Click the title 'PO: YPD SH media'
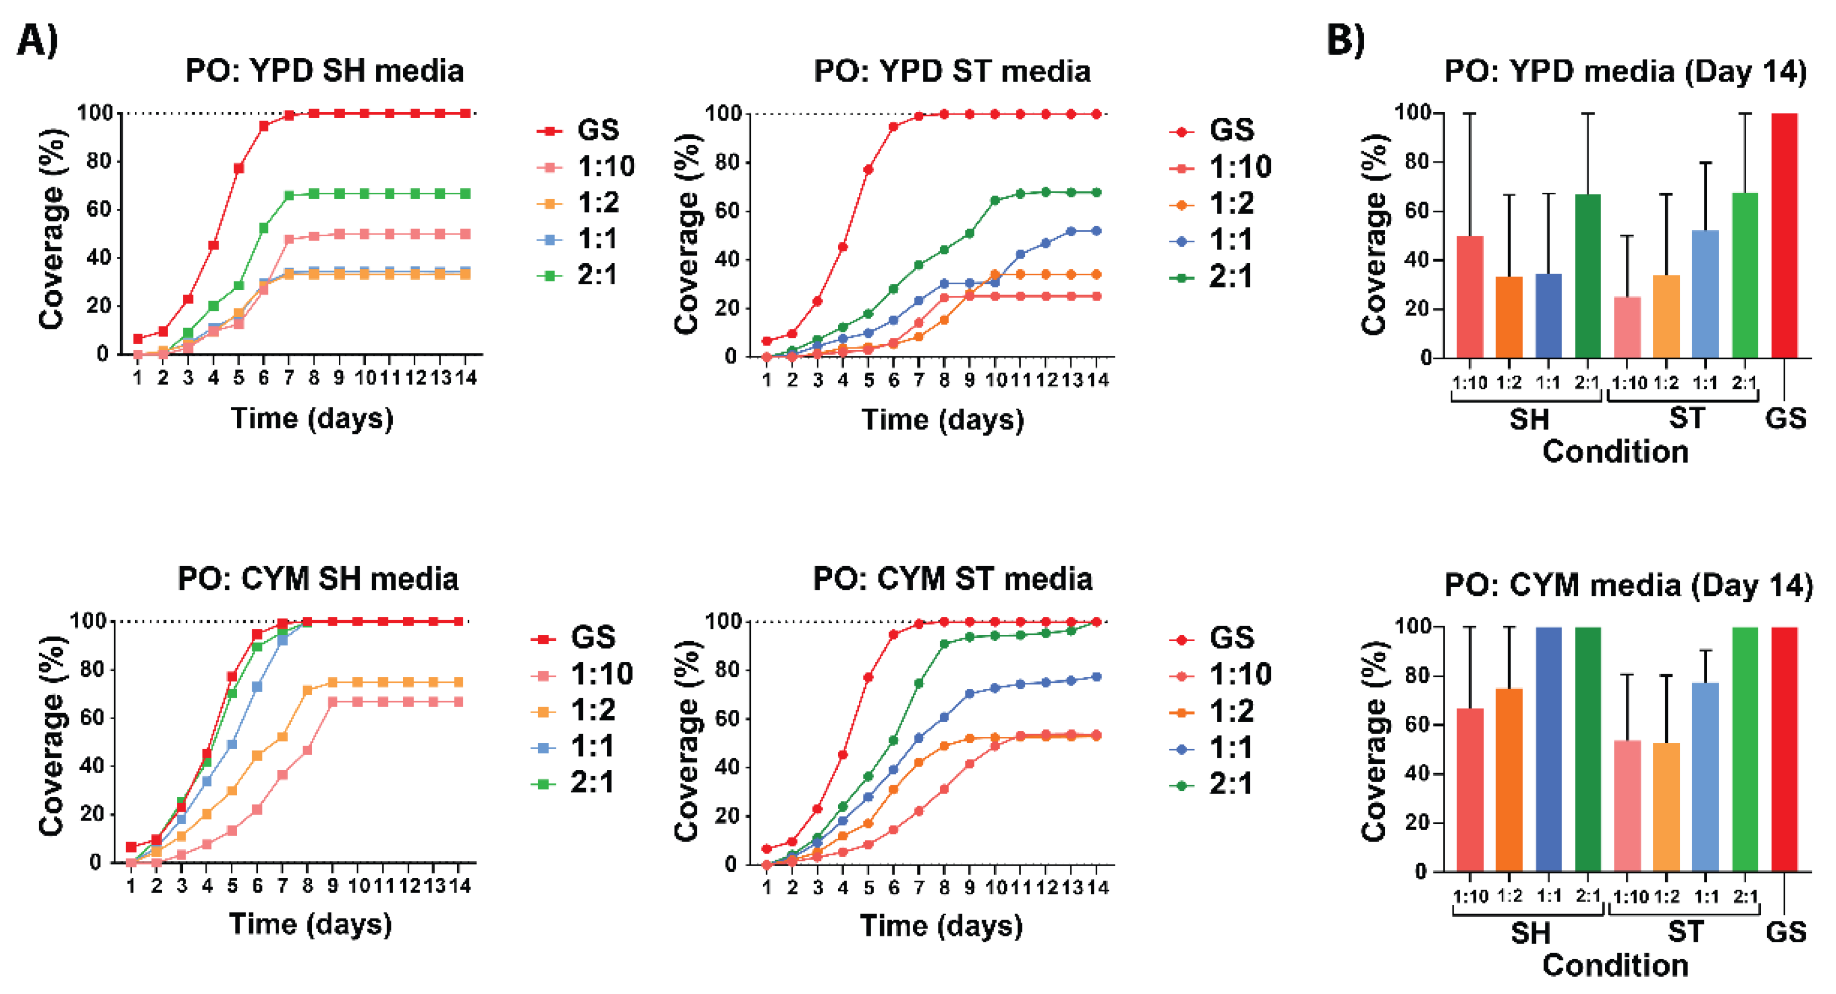point(324,71)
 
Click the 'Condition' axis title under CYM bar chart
point(1615,965)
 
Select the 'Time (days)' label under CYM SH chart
point(311,924)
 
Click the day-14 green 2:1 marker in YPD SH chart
point(465,194)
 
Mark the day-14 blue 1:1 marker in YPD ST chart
point(1096,231)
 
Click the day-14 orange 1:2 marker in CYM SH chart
point(458,682)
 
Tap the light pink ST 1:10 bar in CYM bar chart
point(1627,806)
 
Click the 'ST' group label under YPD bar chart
point(1686,419)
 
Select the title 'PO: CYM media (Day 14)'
point(1628,586)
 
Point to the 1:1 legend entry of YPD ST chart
point(1230,241)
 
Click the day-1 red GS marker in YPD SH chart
point(138,339)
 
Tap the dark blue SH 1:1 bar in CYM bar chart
point(1548,749)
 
